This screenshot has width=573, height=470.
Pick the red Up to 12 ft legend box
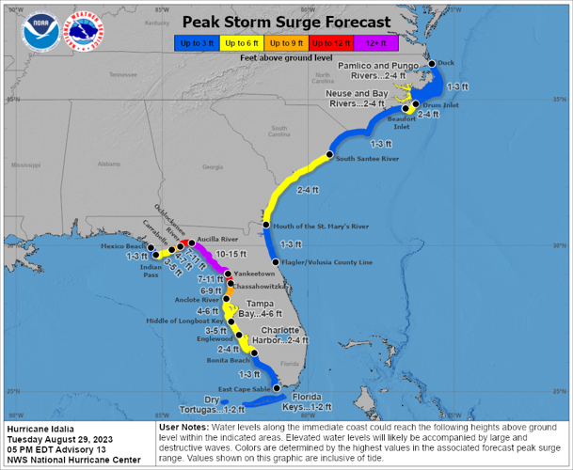[331, 42]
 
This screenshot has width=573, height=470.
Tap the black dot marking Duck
[432, 64]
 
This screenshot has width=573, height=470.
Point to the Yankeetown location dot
[227, 273]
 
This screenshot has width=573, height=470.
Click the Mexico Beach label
[121, 246]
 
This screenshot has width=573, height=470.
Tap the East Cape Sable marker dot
[277, 387]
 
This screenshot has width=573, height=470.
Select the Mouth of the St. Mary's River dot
[266, 226]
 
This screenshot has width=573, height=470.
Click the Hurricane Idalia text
[37, 428]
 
